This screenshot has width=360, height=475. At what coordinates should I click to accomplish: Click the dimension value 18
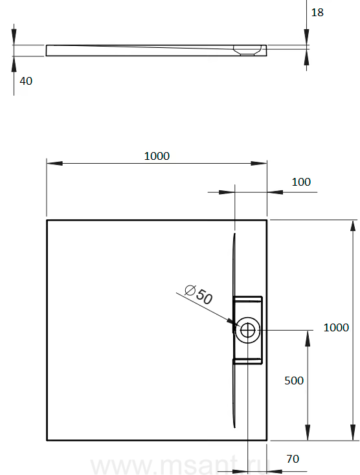(x=317, y=12)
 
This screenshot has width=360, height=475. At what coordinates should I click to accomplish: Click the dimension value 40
(x=26, y=81)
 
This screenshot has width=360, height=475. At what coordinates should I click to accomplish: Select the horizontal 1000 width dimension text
(x=157, y=156)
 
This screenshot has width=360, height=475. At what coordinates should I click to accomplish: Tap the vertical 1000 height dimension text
(x=336, y=327)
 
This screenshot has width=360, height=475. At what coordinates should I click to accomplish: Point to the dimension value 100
(x=301, y=182)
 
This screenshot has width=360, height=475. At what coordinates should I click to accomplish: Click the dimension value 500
(x=294, y=381)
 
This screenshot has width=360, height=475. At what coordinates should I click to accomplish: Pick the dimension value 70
(x=293, y=459)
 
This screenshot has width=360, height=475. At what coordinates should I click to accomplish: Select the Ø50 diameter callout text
(x=199, y=294)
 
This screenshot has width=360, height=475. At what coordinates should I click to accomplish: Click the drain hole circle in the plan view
(x=247, y=330)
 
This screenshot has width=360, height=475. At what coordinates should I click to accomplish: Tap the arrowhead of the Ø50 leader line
(x=233, y=322)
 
